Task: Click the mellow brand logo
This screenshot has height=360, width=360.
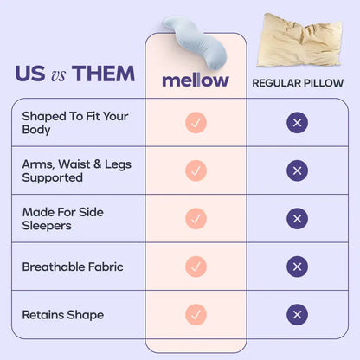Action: (x=196, y=80)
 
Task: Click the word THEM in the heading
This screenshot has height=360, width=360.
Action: (x=104, y=74)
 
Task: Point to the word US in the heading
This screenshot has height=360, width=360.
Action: (x=31, y=74)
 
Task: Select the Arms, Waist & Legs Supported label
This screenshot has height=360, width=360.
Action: (x=65, y=170)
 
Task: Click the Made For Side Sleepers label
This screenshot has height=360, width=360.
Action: (x=58, y=218)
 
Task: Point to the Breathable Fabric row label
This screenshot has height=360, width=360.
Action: (x=73, y=267)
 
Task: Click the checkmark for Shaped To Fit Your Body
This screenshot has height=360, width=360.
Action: (x=196, y=123)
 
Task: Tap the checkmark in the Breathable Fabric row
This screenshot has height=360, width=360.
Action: (x=196, y=267)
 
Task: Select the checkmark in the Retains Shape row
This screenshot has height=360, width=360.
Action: (x=196, y=314)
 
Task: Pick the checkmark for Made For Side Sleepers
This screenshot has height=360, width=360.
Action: (x=196, y=219)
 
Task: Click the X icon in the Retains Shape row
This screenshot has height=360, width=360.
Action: (x=298, y=314)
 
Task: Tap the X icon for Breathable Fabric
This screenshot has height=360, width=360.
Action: (x=298, y=267)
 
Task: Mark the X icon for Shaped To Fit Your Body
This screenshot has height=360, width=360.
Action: (x=298, y=123)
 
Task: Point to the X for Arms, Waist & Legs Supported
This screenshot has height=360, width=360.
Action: (x=298, y=170)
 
